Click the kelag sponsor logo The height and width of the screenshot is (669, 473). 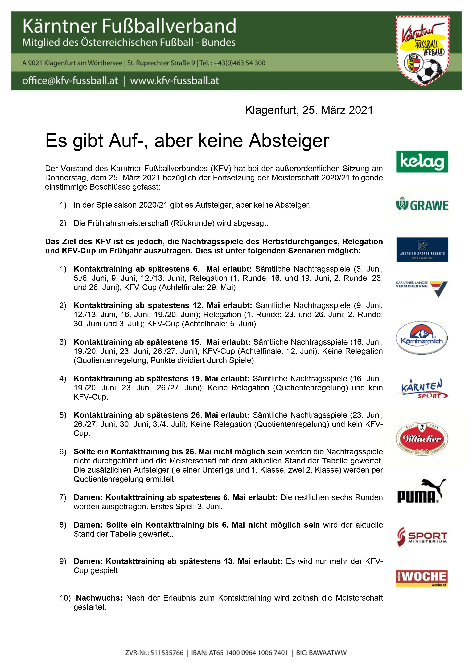pos(422,161)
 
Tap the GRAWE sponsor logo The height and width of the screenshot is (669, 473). pos(422,205)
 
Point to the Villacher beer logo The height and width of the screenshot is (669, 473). pos(422,439)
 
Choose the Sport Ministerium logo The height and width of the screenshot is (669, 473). pos(422,537)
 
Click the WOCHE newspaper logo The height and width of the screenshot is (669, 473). pos(422,579)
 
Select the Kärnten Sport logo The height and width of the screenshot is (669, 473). pos(422,389)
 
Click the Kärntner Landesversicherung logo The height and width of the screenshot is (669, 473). pos(422,288)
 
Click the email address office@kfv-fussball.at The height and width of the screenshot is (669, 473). pos(70,80)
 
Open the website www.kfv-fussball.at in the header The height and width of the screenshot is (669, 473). pos(174,80)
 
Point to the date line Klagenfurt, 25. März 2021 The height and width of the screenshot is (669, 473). pos(309,110)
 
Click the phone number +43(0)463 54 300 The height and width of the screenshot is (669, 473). pos(240,63)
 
